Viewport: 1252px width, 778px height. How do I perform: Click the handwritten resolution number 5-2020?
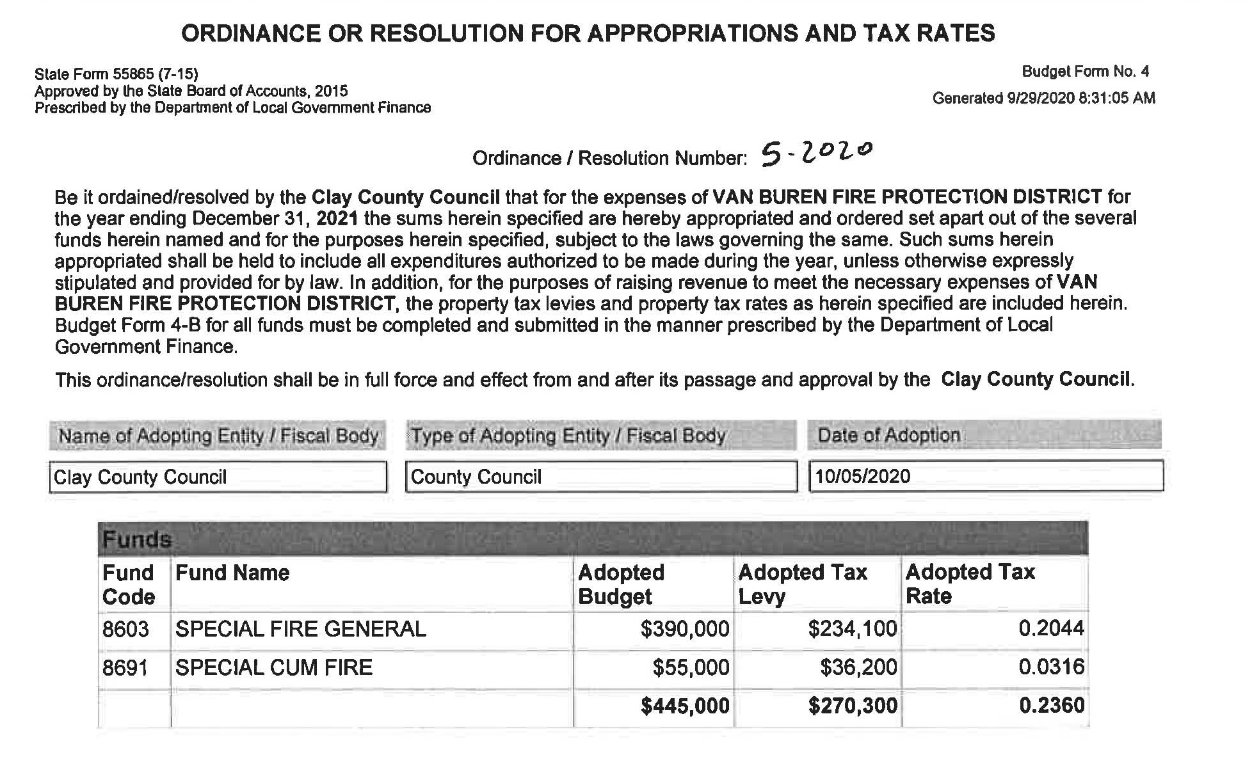coord(817,153)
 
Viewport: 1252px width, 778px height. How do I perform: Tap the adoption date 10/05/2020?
coord(863,477)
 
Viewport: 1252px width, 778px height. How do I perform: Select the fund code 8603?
coord(125,630)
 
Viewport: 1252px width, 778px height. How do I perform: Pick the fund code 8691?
coord(125,668)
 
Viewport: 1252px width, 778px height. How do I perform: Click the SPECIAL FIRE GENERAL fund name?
coord(301,630)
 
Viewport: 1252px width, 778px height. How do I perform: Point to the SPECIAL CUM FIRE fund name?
coord(274,668)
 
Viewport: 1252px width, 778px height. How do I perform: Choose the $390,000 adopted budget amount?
coord(685,630)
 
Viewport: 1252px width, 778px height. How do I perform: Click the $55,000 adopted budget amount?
coord(691,668)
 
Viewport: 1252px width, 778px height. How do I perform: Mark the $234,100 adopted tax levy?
coord(853,630)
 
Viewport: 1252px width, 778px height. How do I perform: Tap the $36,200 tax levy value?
coord(858,668)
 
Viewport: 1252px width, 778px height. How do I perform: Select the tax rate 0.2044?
coord(1052,629)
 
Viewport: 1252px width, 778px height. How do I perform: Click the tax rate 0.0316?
coord(1052,667)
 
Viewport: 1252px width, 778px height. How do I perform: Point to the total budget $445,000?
coord(685,706)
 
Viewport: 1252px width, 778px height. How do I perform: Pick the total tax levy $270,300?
coord(853,706)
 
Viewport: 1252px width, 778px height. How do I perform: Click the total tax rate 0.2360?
coord(1052,706)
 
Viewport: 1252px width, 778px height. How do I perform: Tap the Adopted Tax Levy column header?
coord(803,584)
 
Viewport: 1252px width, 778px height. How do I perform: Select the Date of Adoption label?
coord(888,436)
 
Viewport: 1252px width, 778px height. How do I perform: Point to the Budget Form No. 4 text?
coord(1085,72)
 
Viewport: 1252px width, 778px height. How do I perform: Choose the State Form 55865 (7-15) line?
coord(116,74)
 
